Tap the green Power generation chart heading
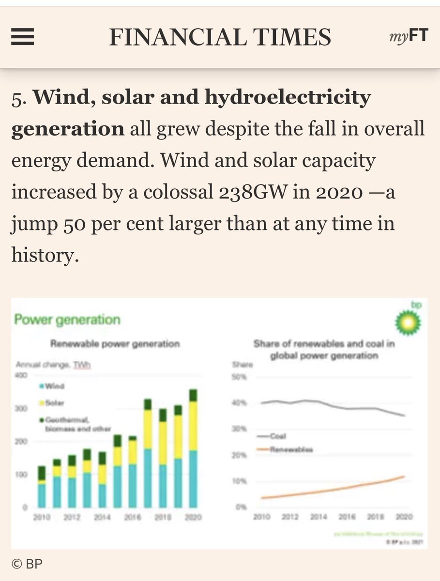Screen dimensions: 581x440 (67, 320)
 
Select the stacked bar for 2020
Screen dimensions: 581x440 (193, 448)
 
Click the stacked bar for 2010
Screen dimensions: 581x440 (42, 487)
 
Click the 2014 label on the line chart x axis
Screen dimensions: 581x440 (319, 518)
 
